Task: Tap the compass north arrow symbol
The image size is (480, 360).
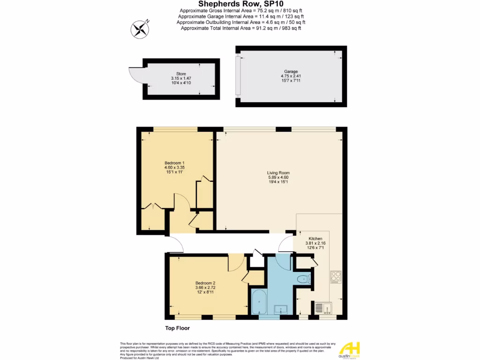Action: [x=139, y=30]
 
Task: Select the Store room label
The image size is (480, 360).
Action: [x=181, y=74]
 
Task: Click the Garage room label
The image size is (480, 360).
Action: [x=291, y=71]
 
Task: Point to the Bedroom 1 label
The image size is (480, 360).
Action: [x=174, y=163]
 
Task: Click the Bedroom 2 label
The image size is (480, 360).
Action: [x=205, y=283]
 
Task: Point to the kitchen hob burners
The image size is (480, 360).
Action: [x=336, y=277]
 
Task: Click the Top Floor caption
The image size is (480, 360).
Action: [x=177, y=329]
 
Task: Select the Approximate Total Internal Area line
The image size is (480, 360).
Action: [x=240, y=28]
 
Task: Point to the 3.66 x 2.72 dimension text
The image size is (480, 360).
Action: [x=205, y=287]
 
